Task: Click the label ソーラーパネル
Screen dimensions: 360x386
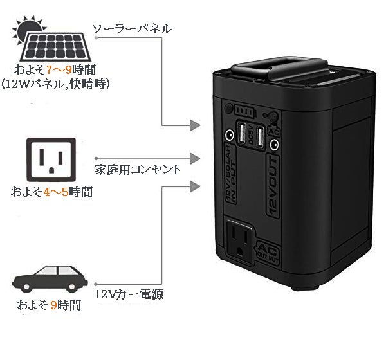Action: [131, 29]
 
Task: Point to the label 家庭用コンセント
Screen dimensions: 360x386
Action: [136, 170]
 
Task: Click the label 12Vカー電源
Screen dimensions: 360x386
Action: [128, 295]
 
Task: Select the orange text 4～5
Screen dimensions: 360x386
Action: [55, 192]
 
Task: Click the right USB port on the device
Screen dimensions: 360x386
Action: [260, 137]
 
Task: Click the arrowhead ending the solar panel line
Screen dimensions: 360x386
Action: [196, 123]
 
